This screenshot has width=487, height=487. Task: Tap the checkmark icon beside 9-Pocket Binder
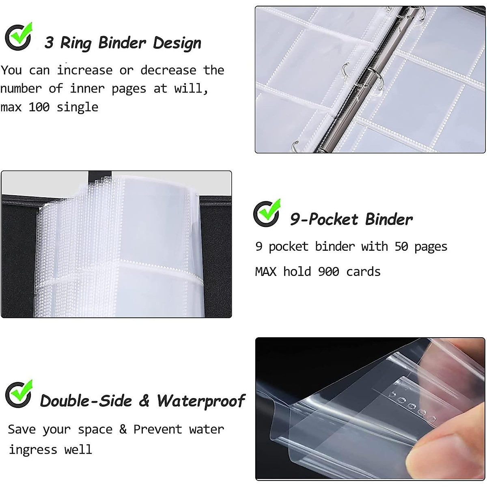pyautogui.click(x=267, y=213)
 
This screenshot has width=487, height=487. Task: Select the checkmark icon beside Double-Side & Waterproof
pyautogui.click(x=19, y=394)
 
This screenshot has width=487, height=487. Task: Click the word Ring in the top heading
pyautogui.click(x=75, y=43)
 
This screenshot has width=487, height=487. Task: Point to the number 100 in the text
pyautogui.click(x=39, y=107)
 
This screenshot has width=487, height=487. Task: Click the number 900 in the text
pyautogui.click(x=328, y=272)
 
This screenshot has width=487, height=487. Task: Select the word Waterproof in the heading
pyautogui.click(x=201, y=401)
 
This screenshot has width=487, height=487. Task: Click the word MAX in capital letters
pyautogui.click(x=265, y=272)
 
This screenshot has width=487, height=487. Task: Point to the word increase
pyautogui.click(x=84, y=70)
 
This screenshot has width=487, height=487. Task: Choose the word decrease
pyautogui.click(x=168, y=70)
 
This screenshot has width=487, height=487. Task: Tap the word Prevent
pyautogui.click(x=157, y=429)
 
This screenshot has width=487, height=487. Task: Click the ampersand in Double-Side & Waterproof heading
pyautogui.click(x=144, y=401)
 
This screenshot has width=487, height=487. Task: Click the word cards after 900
pyautogui.click(x=363, y=272)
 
